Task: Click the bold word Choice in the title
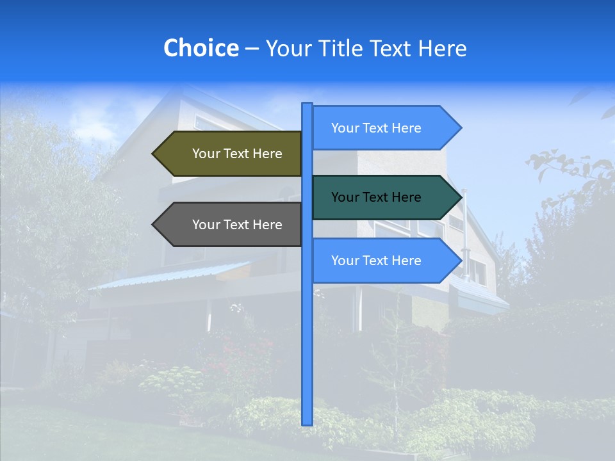(201, 48)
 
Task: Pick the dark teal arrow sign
(381, 197)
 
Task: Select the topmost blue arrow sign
(381, 128)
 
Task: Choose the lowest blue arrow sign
(381, 261)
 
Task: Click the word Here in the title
(442, 48)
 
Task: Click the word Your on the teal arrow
(345, 197)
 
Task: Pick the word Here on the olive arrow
(267, 154)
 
